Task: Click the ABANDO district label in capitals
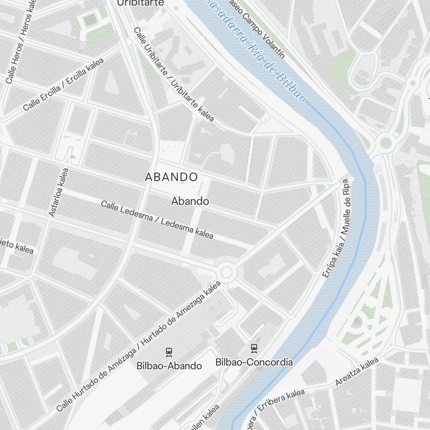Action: tap(171, 177)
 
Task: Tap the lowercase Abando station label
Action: tap(190, 201)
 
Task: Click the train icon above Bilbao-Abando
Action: tap(169, 352)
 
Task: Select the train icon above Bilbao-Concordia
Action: tap(254, 347)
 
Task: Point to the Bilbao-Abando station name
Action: tap(169, 366)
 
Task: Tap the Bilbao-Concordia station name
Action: tap(254, 362)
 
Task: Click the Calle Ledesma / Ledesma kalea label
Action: tap(157, 219)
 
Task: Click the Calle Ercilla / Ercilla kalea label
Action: tap(64, 85)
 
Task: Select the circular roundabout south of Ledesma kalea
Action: tap(226, 272)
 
